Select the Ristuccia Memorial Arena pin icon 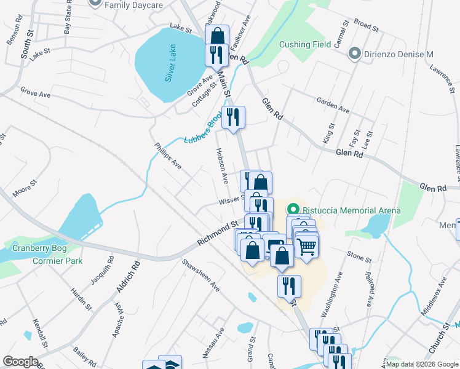click(293, 210)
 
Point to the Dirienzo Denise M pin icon click(354, 54)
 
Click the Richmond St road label click(217, 234)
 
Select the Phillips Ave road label click(168, 156)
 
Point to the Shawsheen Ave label click(200, 274)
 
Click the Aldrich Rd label click(128, 277)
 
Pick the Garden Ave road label click(333, 105)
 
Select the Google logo click(20, 362)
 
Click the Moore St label click(25, 188)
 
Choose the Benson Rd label click(14, 34)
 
